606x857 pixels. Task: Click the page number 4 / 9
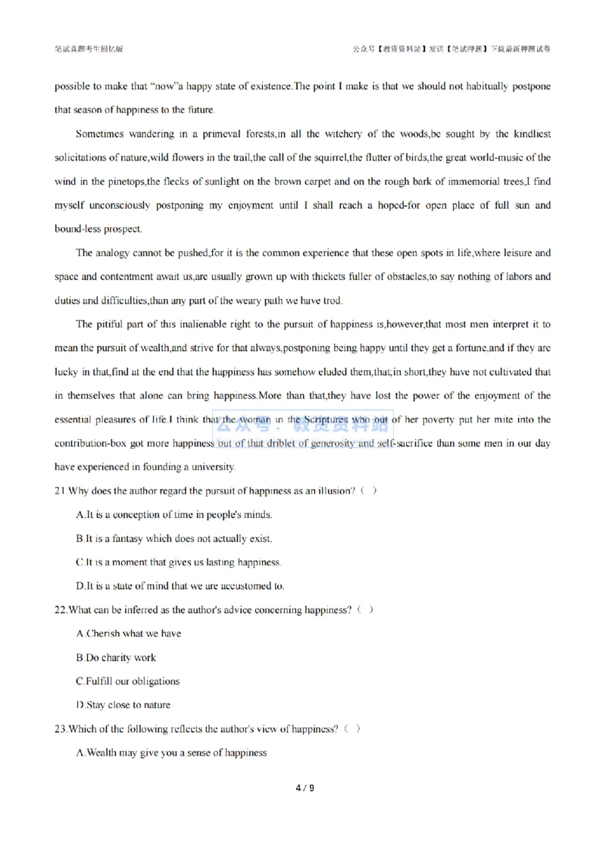point(303,788)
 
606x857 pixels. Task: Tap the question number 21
point(60,491)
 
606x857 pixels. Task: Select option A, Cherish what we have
point(129,633)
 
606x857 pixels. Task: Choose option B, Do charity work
point(116,657)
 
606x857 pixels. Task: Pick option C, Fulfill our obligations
point(128,681)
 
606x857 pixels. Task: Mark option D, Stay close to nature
point(123,705)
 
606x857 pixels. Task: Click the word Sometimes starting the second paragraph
point(101,134)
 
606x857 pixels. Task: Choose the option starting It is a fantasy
point(174,538)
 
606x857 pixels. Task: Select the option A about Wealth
point(172,753)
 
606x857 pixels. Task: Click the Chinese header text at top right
point(451,48)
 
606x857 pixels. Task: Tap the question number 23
point(60,729)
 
